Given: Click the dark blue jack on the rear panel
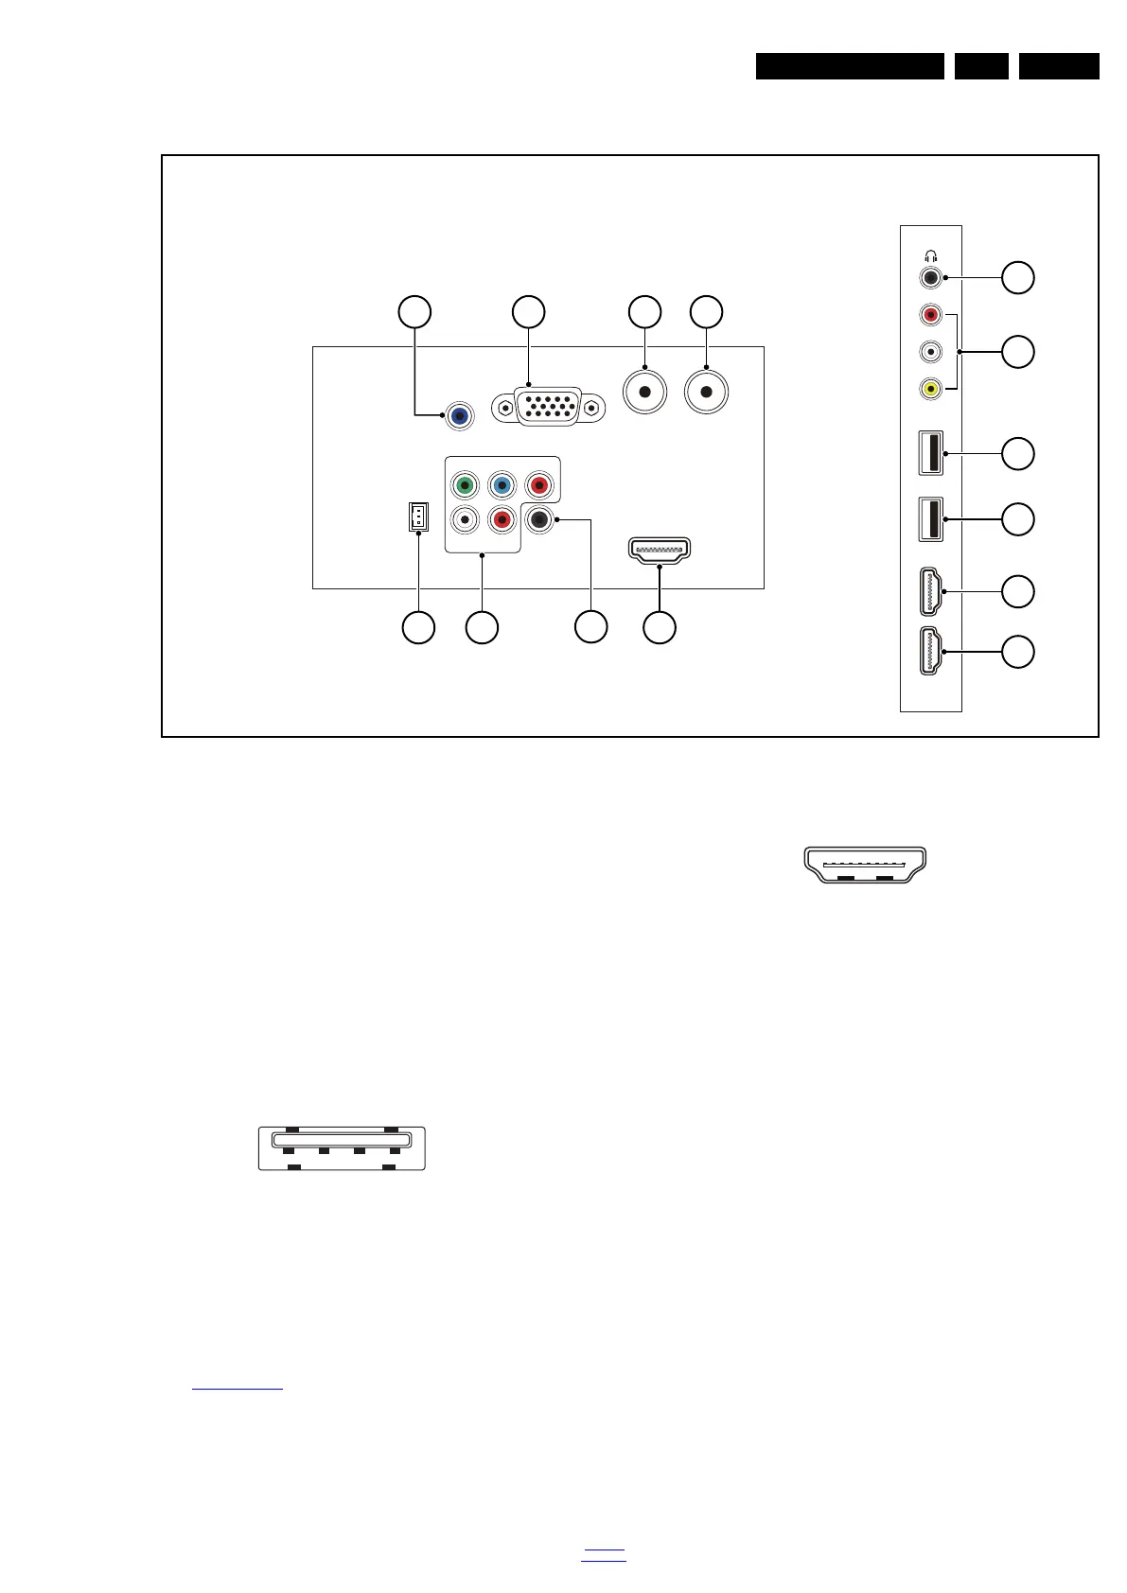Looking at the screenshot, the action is [460, 415].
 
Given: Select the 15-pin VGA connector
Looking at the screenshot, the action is [548, 407].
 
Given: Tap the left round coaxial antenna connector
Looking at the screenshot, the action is [644, 392].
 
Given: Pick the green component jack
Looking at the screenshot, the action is [465, 486].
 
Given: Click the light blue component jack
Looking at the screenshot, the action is [502, 486].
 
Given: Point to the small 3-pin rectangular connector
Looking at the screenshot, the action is [417, 516].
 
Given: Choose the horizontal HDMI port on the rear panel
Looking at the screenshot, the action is [660, 550].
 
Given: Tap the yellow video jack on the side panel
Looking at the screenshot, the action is [931, 388].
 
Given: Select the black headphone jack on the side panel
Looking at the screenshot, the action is [931, 277].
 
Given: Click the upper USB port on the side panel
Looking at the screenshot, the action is [930, 453].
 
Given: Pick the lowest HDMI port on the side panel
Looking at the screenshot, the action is [931, 652].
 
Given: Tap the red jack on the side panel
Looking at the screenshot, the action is [931, 314].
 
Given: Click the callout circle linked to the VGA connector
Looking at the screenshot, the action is [528, 311].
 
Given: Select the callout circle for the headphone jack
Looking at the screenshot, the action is [1018, 277].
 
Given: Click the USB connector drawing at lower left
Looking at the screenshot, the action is [342, 1147].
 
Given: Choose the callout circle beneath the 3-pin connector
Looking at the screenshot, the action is [418, 627].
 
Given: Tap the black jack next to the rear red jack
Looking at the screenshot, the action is [538, 519].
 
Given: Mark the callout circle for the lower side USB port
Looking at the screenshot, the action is [1018, 519].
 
